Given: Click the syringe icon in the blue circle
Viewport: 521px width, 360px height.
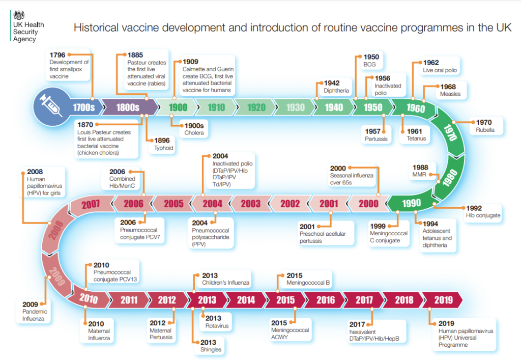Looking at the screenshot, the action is click(51, 105).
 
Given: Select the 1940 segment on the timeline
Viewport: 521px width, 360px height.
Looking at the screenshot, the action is click(333, 107).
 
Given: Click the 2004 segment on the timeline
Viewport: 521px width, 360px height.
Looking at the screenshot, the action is click(212, 204).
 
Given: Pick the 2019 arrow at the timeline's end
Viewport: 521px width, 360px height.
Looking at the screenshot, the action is click(443, 300).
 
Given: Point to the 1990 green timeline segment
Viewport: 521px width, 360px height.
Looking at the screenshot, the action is click(411, 203).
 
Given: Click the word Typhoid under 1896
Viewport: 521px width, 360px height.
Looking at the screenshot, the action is click(163, 148).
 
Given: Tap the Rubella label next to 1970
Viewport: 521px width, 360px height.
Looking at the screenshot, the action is click(485, 130).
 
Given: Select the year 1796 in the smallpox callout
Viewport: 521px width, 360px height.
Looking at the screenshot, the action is click(57, 55).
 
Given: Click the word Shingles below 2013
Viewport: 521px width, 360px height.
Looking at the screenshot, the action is click(211, 349).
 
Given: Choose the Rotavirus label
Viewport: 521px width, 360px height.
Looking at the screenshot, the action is click(217, 326).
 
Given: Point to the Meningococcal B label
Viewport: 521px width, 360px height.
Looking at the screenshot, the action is click(308, 283).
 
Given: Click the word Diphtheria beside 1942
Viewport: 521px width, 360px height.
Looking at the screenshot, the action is click(336, 91).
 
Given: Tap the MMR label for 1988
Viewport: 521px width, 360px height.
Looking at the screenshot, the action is click(419, 175).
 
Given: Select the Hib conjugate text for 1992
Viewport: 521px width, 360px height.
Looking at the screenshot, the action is click(483, 215).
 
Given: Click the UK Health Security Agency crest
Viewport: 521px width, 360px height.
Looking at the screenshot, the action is click(19, 15).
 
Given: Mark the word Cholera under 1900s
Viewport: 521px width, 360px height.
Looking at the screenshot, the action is click(194, 133).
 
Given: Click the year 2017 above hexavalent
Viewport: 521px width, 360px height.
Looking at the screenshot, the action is click(357, 324).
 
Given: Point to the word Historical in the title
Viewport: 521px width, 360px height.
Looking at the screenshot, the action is click(96, 27).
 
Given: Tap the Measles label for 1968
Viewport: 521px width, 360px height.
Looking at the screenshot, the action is click(450, 94).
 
